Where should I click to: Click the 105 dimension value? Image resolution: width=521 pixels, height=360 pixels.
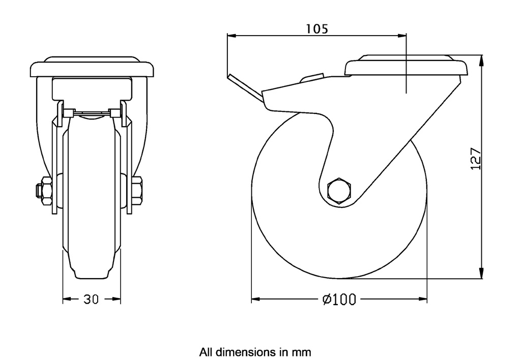click(x=316, y=28)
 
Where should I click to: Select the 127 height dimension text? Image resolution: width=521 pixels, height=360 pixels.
click(x=475, y=159)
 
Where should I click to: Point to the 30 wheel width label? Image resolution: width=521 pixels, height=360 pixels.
click(x=92, y=300)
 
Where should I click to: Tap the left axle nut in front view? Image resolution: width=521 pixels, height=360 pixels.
click(x=44, y=190)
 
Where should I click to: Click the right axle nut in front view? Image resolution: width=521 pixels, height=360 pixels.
click(x=138, y=190)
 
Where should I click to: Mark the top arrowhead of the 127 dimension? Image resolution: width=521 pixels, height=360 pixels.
click(x=482, y=59)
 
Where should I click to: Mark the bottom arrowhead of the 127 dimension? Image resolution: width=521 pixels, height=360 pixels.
click(x=482, y=275)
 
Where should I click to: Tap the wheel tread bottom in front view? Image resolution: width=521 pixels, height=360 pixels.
click(x=92, y=277)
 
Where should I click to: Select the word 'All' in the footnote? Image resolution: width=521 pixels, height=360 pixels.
click(x=206, y=351)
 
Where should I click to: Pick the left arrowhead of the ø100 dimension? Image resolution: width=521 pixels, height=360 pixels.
click(x=255, y=299)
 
